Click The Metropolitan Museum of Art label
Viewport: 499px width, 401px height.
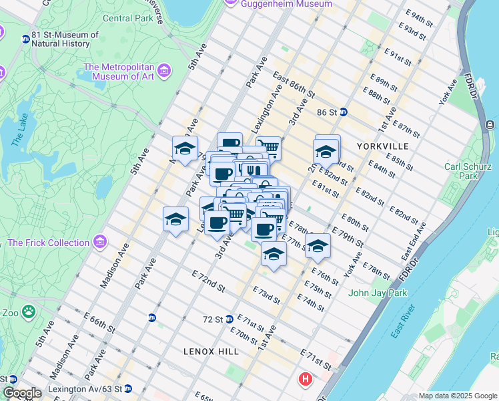119,72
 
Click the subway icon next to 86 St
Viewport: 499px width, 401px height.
344,112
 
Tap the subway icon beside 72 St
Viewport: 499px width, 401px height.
229,319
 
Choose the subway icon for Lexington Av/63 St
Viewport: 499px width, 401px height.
127,388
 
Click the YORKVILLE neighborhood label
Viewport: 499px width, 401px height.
381,145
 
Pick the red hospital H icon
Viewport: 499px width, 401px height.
306,380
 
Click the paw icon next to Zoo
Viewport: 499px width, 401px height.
29,311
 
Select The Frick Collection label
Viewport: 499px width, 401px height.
49,242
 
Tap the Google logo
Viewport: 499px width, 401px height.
23,393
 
